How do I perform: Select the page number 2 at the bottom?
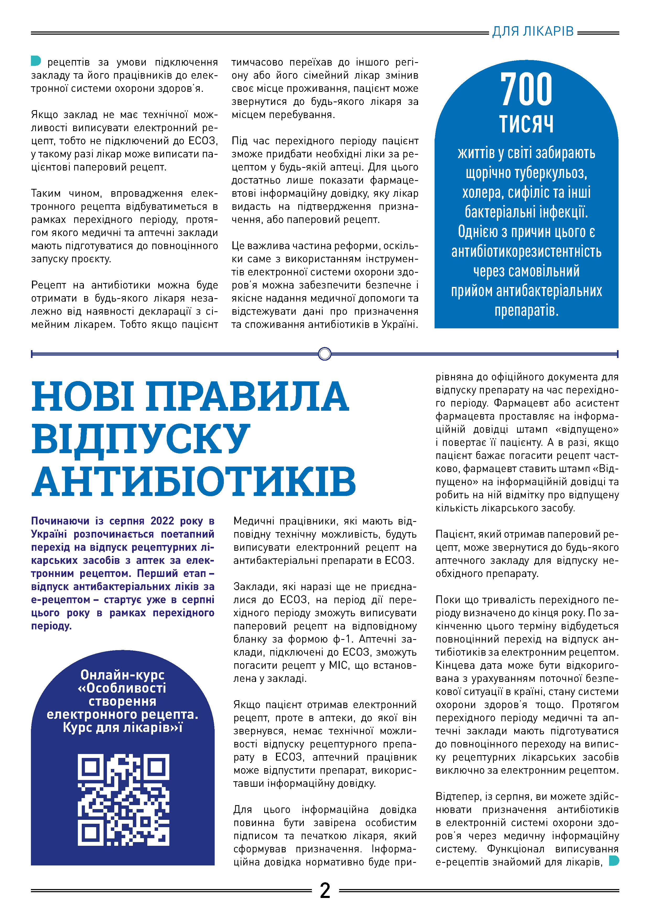point(325,890)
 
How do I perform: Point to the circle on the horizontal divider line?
point(324,354)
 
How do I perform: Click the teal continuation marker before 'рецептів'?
point(36,61)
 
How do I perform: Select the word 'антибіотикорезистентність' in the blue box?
point(526,252)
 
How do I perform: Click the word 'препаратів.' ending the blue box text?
point(526,311)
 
